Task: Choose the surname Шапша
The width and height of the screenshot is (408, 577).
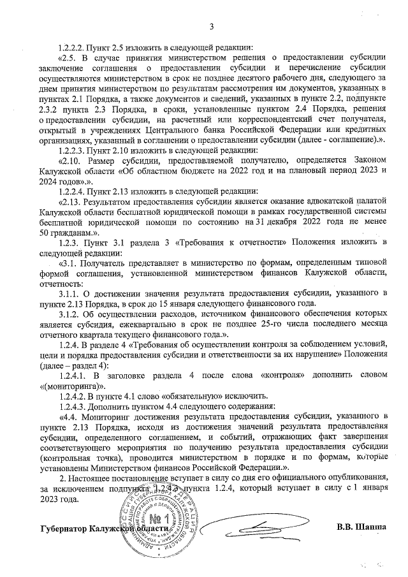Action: [x=372, y=527]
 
